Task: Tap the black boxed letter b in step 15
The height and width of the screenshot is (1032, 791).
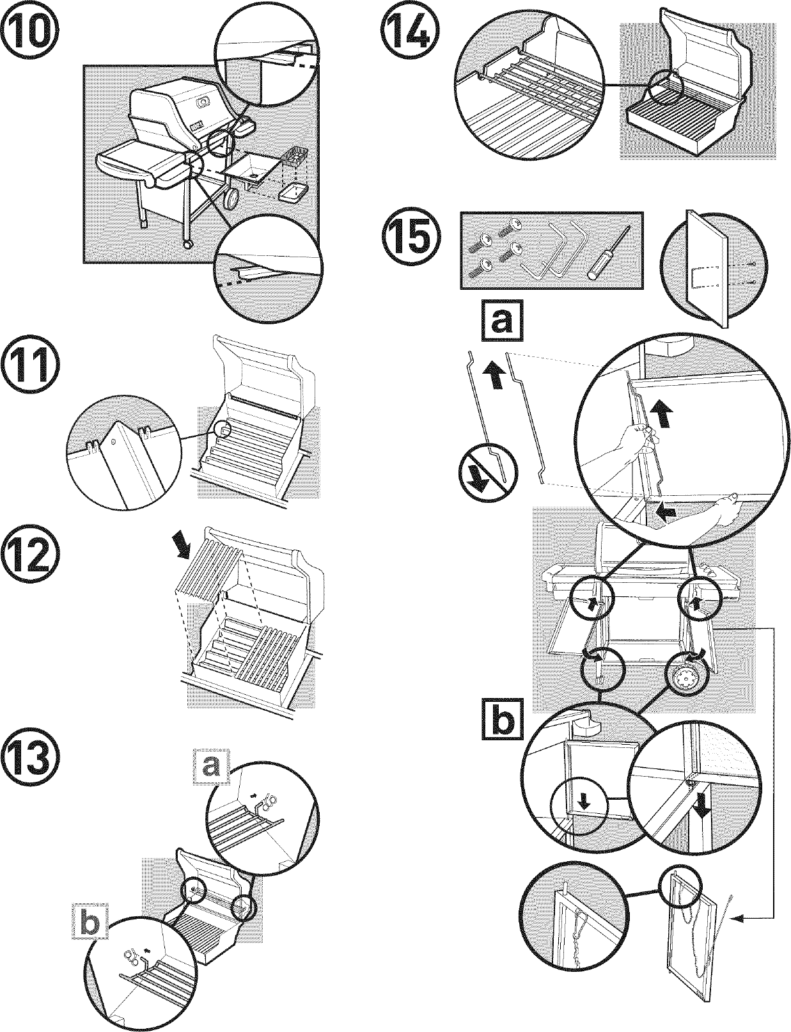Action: (502, 721)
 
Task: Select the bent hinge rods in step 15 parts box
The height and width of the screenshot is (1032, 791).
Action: (554, 250)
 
